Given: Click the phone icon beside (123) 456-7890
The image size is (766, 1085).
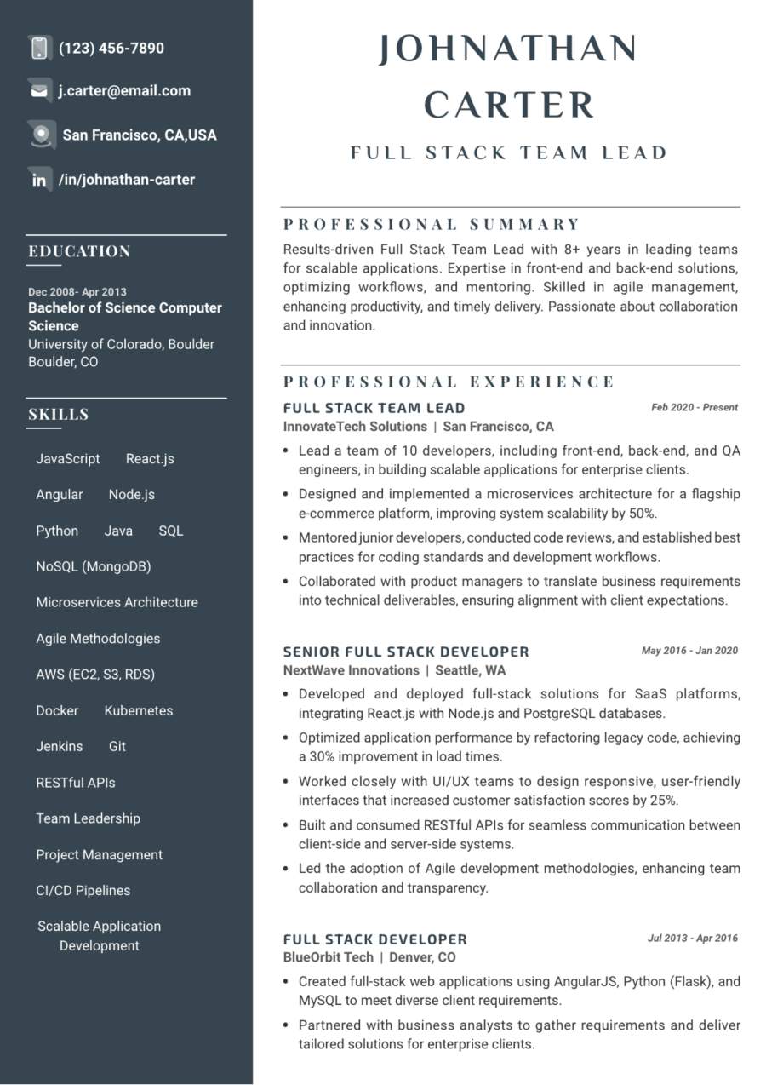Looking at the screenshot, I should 39,48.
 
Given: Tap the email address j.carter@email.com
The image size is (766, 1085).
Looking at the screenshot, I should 124,91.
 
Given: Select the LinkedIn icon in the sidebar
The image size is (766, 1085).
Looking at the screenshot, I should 39,180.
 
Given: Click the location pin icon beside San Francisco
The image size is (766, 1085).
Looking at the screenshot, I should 40,135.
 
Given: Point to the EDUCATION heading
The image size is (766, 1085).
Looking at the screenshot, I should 79,251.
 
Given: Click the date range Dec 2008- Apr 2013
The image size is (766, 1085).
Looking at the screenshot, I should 77,291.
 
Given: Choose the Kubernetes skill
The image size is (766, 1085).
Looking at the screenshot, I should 139,710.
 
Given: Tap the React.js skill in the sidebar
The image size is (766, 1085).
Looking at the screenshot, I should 150,459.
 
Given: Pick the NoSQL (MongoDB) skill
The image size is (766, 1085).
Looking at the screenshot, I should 94,566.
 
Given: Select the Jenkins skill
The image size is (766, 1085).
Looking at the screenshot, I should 60,746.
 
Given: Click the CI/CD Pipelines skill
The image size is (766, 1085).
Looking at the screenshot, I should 83,890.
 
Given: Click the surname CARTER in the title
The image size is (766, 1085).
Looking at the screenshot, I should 509,106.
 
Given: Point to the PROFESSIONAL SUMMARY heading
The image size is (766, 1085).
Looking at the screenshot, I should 432,225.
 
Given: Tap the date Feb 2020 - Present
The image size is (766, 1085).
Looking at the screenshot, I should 695,407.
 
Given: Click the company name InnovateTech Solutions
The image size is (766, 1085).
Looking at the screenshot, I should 355,427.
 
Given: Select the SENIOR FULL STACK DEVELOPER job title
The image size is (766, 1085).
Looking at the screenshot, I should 406,652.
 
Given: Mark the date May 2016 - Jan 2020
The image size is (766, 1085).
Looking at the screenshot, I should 689,651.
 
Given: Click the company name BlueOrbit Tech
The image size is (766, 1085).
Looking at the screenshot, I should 329,957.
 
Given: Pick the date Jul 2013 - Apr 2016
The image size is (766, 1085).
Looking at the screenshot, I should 693,939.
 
